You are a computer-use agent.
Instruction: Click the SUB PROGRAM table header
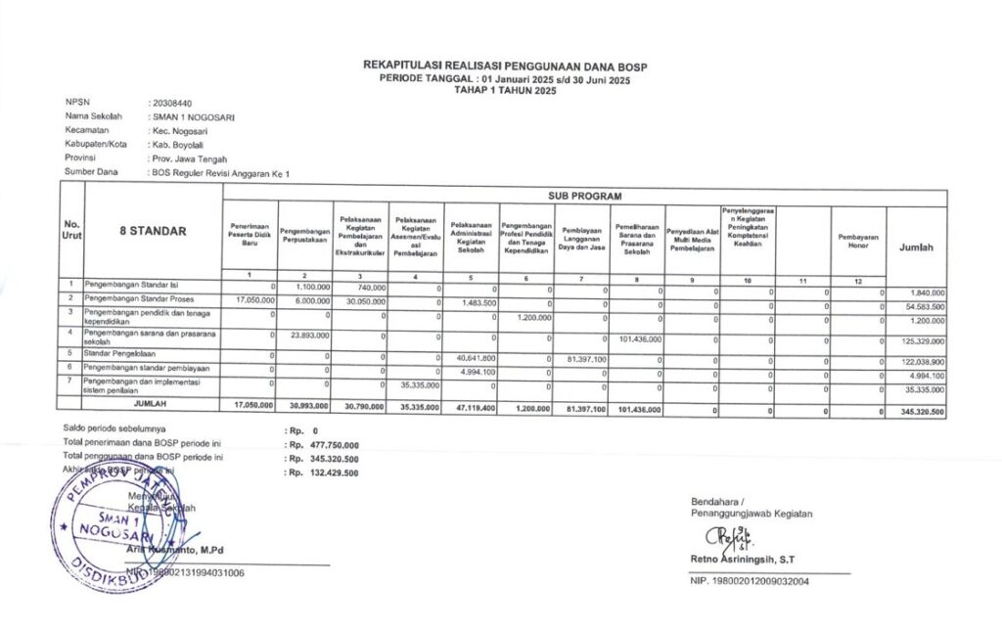(x=583, y=197)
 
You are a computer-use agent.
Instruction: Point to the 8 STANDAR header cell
(x=153, y=232)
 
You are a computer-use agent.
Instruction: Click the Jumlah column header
(x=916, y=247)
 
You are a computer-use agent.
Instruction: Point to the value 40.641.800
(x=477, y=357)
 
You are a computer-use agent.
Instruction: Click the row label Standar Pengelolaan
(x=122, y=352)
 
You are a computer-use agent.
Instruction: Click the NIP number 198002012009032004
(x=757, y=581)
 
